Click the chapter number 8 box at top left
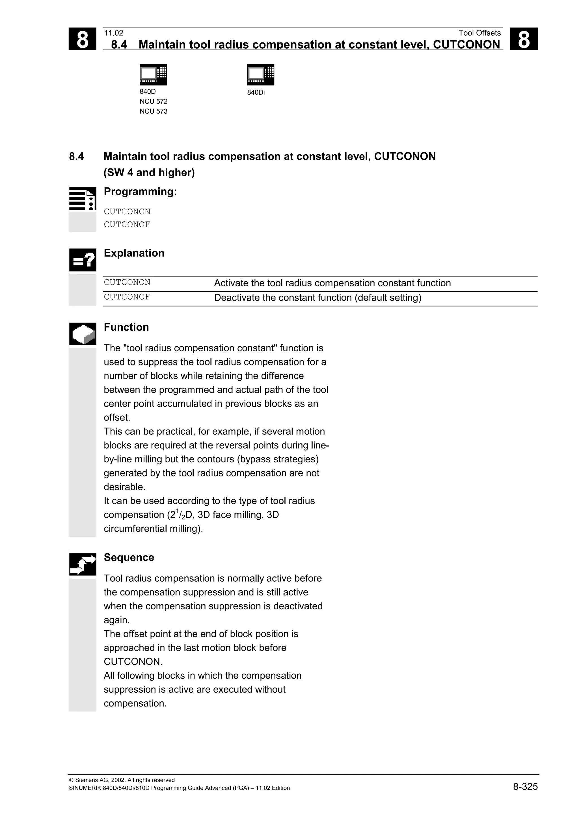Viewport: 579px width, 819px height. [82, 39]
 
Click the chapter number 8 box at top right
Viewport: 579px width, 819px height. [523, 39]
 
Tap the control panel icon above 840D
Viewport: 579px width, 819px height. [153, 75]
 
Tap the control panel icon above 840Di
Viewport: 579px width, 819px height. [260, 75]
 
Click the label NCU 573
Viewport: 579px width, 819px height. [154, 111]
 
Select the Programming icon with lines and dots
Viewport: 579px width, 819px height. [82, 199]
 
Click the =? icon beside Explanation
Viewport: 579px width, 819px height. [82, 260]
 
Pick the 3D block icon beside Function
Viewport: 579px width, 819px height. [82, 334]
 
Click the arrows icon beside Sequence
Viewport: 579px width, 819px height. [82, 564]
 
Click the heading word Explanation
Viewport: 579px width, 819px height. [134, 253]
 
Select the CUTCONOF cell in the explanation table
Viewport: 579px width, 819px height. [127, 297]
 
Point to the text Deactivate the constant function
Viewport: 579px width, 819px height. [317, 298]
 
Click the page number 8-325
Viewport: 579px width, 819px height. [525, 786]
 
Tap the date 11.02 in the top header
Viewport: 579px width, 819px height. [113, 33]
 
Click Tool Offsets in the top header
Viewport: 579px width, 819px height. [479, 33]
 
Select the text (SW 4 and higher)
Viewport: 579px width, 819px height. [149, 173]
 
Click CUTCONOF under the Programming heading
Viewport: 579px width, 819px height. [127, 224]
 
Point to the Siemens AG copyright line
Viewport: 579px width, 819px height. [122, 780]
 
